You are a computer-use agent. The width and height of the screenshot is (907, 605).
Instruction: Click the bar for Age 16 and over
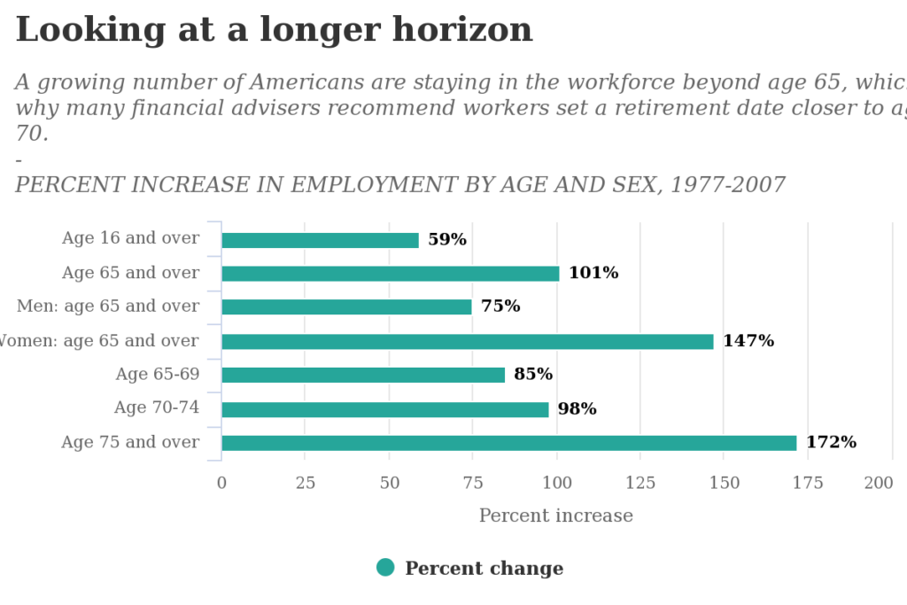320,240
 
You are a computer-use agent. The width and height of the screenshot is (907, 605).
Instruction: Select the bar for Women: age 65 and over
467,342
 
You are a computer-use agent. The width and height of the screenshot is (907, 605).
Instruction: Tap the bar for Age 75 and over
508,443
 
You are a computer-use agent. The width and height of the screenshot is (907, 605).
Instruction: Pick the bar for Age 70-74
384,409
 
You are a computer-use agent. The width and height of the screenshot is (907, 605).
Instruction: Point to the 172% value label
831,442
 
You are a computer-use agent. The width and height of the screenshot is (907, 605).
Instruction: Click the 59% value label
446,239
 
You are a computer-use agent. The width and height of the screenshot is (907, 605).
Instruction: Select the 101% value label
593,273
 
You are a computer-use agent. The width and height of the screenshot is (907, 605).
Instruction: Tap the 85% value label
532,374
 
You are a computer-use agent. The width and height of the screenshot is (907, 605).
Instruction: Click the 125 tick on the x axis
640,483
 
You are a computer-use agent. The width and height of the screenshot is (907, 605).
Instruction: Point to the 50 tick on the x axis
390,483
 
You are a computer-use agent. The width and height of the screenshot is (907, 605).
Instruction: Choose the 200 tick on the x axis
879,483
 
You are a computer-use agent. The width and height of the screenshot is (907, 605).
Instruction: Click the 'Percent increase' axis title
555,516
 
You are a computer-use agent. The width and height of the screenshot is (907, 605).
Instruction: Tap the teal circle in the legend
385,567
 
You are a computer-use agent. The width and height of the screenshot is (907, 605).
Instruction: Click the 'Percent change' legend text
484,568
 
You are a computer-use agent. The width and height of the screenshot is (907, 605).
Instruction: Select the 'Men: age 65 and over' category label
107,306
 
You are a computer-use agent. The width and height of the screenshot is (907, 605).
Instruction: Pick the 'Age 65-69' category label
157,374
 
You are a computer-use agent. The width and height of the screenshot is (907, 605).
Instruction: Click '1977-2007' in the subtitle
727,185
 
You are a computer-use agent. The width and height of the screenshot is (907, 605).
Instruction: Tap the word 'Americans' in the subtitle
306,82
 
